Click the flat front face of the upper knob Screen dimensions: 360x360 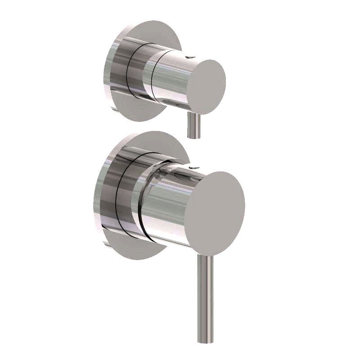206,82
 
